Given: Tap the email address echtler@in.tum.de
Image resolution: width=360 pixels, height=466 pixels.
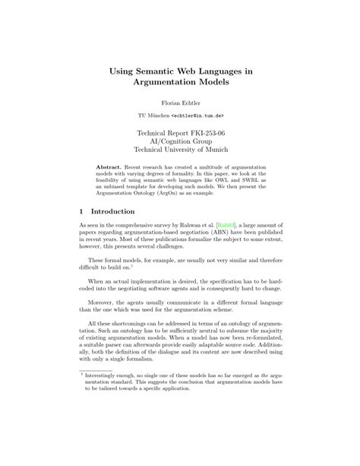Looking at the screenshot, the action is pyautogui.click(x=196, y=116).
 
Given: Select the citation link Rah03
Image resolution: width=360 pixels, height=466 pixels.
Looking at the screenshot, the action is pyautogui.click(x=226, y=226).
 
